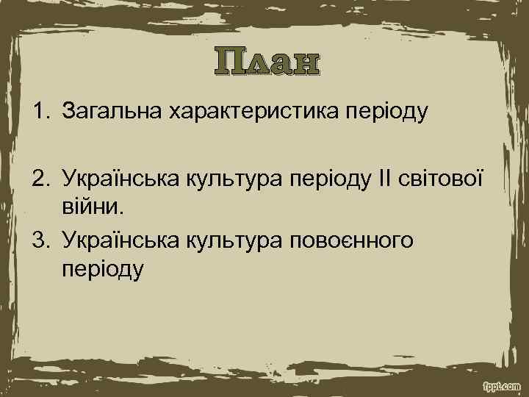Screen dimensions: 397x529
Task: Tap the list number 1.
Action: click(37, 112)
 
